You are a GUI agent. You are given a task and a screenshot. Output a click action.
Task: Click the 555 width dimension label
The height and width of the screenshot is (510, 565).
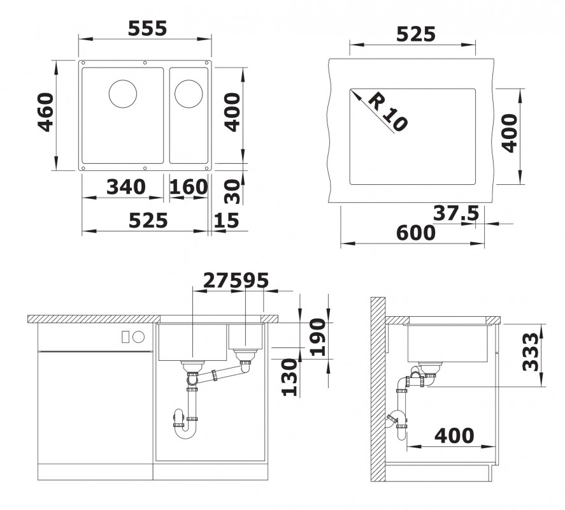(148, 29)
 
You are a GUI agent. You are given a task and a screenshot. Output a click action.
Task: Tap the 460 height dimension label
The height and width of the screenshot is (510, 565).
(46, 112)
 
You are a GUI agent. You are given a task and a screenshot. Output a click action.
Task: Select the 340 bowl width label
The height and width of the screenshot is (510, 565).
(126, 187)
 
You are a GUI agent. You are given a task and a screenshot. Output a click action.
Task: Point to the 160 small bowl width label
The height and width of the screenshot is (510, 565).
(189, 187)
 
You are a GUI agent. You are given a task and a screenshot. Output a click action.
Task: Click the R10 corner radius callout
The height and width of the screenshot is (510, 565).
(388, 112)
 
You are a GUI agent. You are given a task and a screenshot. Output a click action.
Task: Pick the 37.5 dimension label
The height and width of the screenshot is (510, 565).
(456, 213)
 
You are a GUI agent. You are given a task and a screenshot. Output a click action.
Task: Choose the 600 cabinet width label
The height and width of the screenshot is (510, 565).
(416, 233)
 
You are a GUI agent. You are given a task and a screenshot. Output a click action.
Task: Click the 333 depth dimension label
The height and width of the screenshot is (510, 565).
(531, 352)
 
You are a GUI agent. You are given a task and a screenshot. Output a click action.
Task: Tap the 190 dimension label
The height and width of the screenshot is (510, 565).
(318, 337)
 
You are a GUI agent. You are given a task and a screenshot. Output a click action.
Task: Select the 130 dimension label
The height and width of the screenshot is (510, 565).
(289, 377)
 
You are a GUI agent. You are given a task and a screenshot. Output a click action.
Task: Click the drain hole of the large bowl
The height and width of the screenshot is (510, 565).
(123, 94)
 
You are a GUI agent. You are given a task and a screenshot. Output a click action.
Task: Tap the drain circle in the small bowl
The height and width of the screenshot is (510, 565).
(189, 94)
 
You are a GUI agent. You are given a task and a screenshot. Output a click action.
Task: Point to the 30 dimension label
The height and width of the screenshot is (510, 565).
(232, 191)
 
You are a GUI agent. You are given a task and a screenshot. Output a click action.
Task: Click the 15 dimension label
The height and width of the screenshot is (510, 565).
(226, 221)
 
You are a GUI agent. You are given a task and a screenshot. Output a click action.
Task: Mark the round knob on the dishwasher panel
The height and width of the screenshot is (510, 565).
(138, 337)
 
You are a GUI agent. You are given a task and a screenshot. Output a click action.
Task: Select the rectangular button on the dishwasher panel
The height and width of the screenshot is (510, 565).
(125, 337)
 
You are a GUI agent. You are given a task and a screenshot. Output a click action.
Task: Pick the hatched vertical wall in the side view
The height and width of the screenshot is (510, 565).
(378, 389)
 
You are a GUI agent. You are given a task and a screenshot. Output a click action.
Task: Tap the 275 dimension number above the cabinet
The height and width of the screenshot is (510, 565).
(217, 280)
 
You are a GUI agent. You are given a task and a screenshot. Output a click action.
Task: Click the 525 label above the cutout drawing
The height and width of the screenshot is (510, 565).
(416, 34)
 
